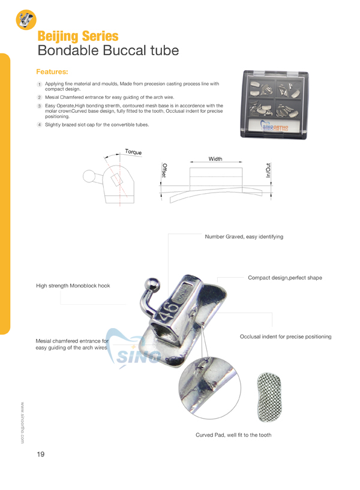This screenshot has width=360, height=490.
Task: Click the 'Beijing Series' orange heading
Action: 77,37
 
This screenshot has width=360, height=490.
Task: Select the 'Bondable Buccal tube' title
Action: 108,51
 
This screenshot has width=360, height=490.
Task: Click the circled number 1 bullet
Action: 39,85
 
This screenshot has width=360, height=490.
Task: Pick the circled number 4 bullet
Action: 39,125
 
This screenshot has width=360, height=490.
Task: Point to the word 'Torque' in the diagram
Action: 133,152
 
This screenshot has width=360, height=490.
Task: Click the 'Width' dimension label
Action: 215,159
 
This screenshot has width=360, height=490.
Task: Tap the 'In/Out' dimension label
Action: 268,170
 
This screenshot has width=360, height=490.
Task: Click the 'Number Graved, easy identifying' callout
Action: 244,237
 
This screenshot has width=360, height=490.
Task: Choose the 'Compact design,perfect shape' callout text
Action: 285,278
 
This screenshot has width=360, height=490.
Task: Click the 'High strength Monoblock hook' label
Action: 73,286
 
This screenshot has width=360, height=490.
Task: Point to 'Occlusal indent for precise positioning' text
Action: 286,337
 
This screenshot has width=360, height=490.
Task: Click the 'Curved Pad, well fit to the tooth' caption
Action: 233,434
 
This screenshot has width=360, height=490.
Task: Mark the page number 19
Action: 41,454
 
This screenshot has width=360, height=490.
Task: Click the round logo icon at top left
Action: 26,19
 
